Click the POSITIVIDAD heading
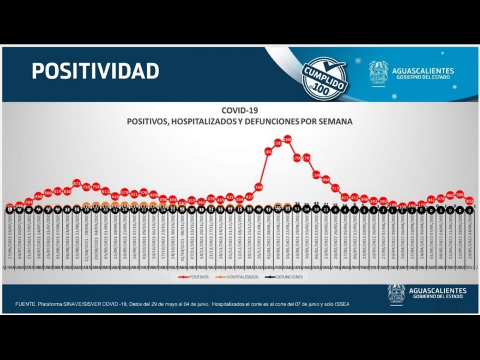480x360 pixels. pyautogui.click(x=95, y=71)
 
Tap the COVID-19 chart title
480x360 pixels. pyautogui.click(x=239, y=110)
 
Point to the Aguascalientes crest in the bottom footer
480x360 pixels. pyautogui.click(x=396, y=294)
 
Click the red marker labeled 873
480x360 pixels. pyautogui.click(x=77, y=182)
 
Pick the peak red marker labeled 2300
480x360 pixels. pyautogui.click(x=287, y=139)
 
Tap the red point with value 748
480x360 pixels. pyautogui.click(x=259, y=187)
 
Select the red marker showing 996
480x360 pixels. pyautogui.click(x=326, y=179)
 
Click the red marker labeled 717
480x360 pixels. pyautogui.click(x=335, y=188)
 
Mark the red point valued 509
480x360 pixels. pyautogui.click(x=460, y=194)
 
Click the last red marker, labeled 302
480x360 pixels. pyautogui.click(x=469, y=201)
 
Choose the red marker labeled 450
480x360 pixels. pyautogui.click(x=38, y=196)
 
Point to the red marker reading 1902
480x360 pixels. pyautogui.click(x=268, y=152)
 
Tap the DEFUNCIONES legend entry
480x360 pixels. pyautogui.click(x=286, y=277)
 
